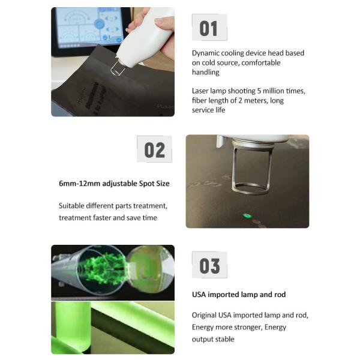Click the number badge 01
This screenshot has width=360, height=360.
click(209, 28)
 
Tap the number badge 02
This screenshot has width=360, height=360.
click(154, 149)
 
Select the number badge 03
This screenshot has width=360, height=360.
click(209, 265)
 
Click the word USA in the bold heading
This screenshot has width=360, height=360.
click(199, 295)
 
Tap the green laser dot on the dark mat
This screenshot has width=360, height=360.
click(247, 215)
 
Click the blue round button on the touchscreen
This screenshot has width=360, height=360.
click(99, 24)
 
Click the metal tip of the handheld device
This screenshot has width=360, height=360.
click(118, 68)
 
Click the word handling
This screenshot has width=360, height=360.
click(205, 73)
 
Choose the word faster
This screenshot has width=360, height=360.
click(103, 218)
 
